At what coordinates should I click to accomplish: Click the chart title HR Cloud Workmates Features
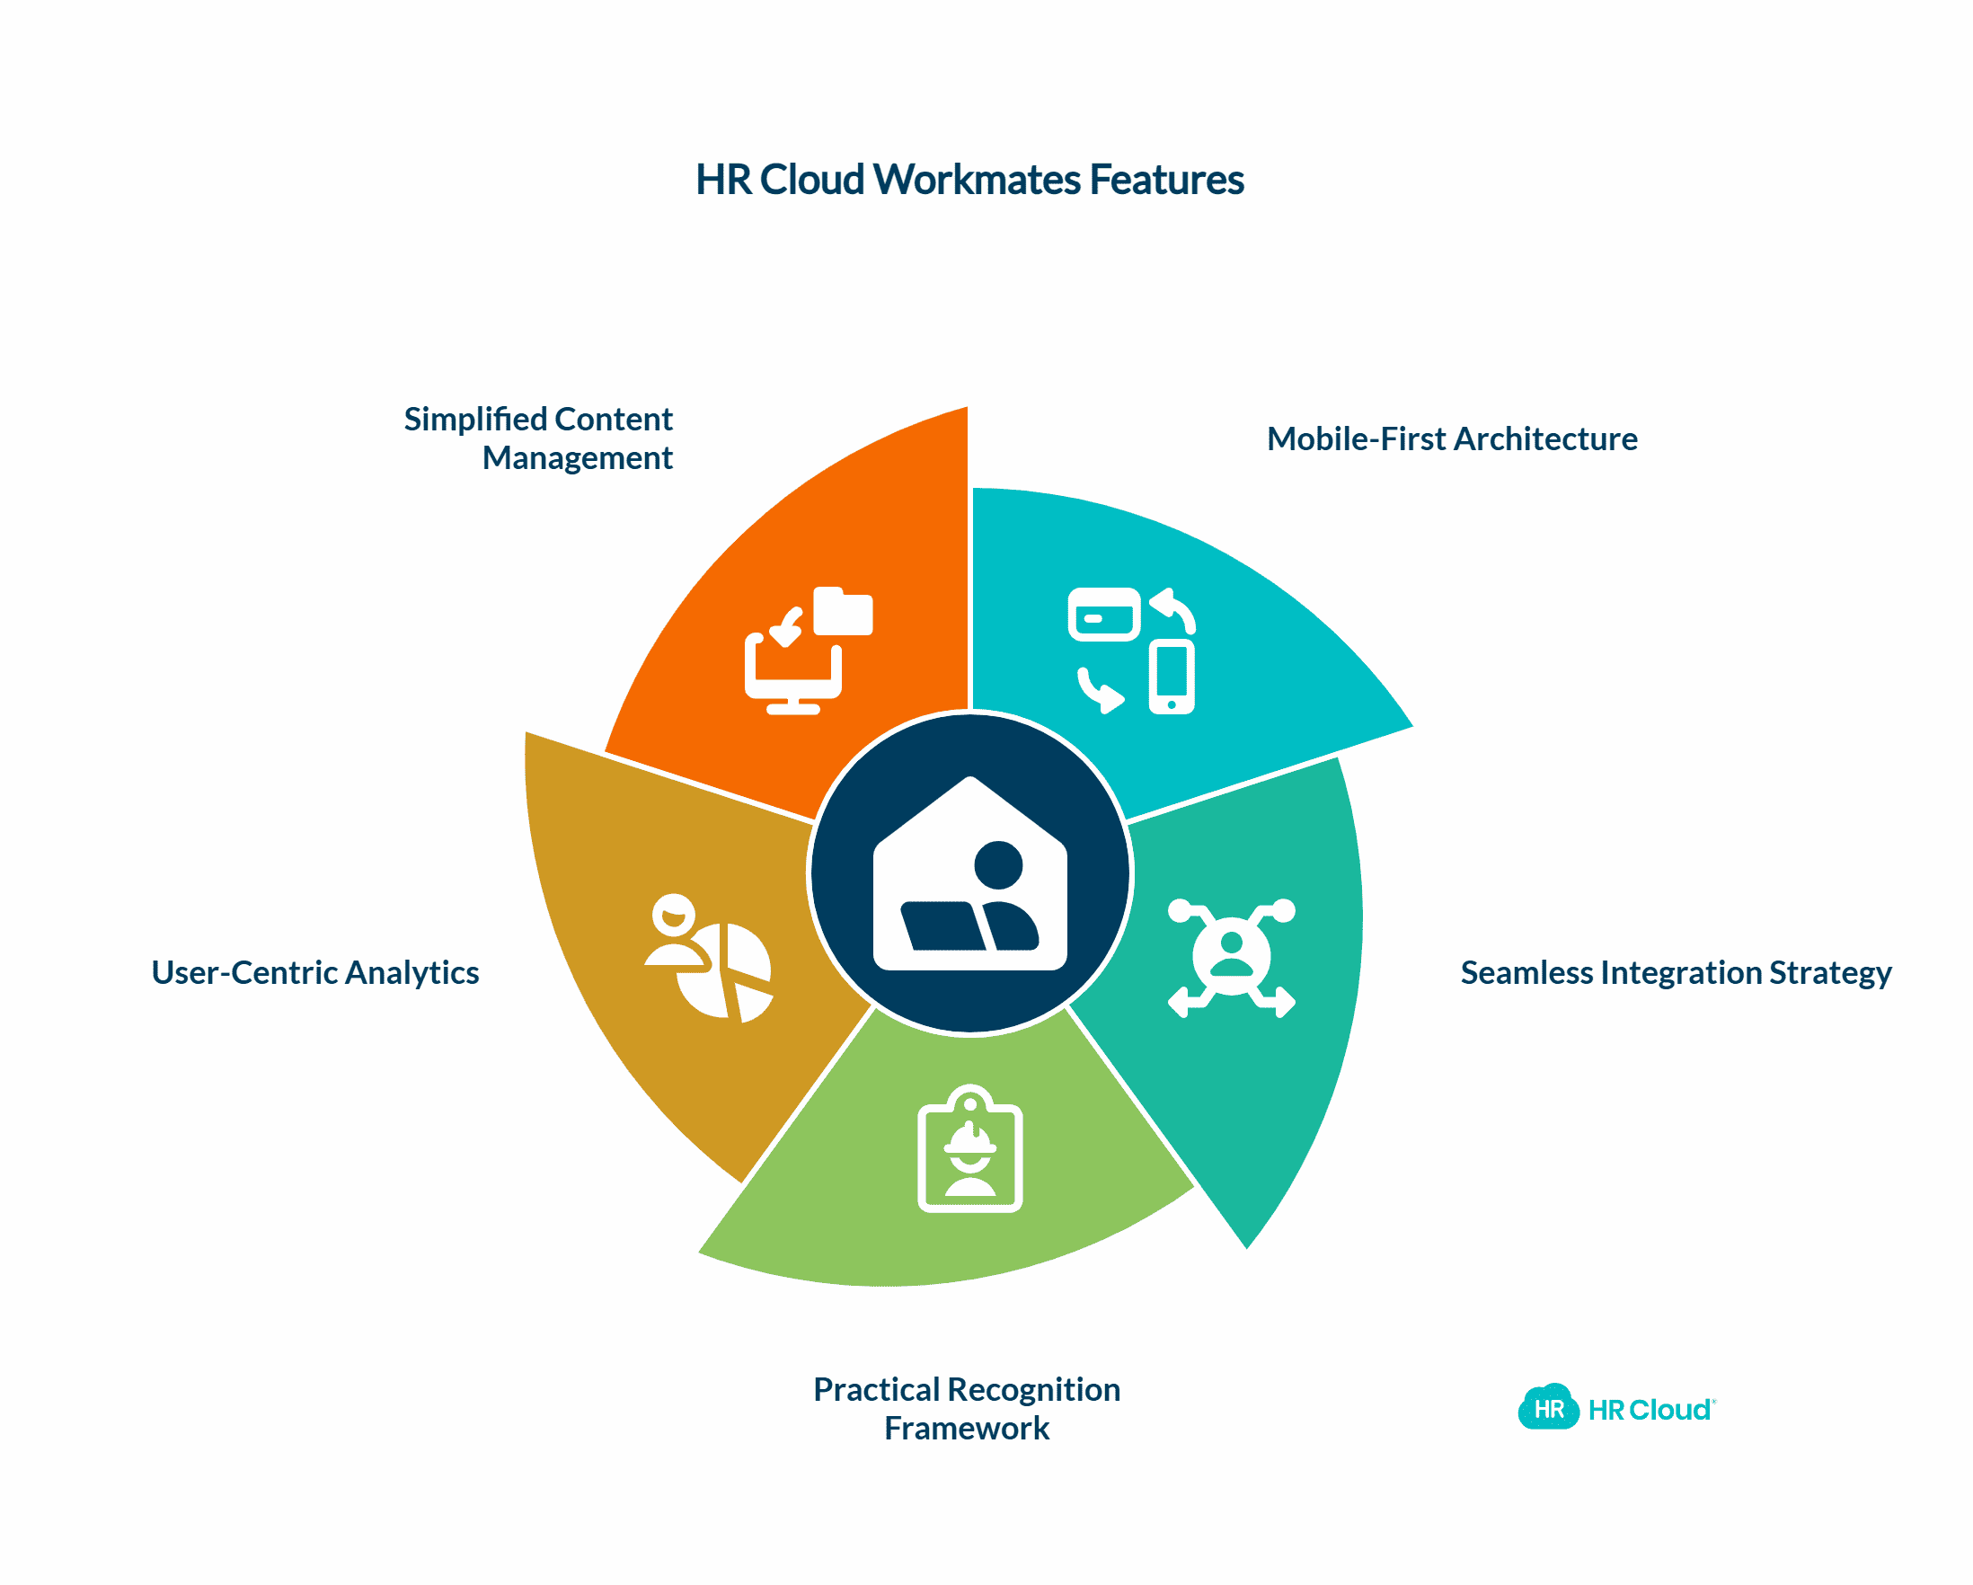point(969,180)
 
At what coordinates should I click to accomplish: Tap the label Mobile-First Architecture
point(1451,439)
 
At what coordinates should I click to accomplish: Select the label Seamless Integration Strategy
point(1676,973)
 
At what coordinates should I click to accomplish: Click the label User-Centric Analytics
point(314,973)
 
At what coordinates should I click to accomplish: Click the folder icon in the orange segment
point(843,611)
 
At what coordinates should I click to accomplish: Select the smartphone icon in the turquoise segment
point(1172,678)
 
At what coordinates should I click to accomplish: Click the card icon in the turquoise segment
point(1103,615)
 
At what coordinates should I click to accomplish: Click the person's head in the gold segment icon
point(675,912)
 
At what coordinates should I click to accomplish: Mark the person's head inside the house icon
point(998,864)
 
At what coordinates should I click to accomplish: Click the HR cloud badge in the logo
point(1548,1408)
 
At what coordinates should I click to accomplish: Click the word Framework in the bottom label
point(967,1429)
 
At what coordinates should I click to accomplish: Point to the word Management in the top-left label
point(578,457)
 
